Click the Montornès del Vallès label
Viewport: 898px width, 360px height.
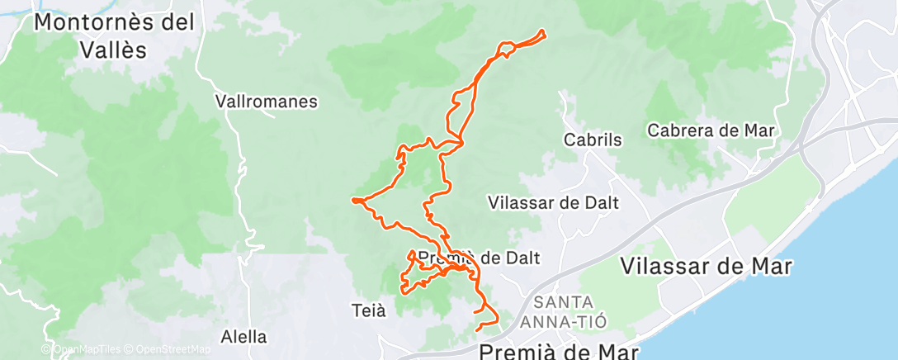point(114,35)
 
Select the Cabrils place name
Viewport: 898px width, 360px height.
point(592,140)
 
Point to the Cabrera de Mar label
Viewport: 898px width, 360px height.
point(714,130)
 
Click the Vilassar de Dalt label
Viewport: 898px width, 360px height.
point(553,202)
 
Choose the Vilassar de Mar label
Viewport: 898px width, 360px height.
point(706,266)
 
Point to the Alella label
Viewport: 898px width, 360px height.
point(244,337)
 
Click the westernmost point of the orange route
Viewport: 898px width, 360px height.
point(352,200)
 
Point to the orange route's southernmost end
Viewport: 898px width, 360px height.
point(478,330)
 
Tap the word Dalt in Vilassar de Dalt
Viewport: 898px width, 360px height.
point(601,202)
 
